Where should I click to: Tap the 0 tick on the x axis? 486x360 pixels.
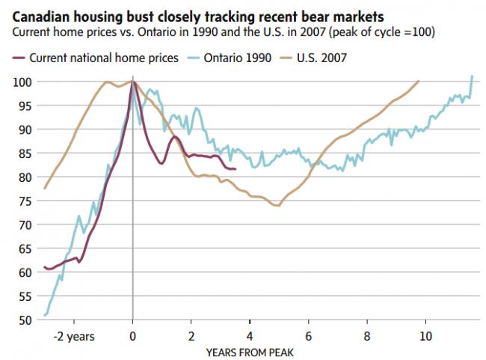[x=132, y=336]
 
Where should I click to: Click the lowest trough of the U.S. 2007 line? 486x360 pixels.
[x=278, y=205]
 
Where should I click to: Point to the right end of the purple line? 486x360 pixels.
[x=236, y=169]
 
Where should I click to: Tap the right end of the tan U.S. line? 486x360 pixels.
[x=419, y=81]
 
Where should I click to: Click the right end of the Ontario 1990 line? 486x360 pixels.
[x=472, y=76]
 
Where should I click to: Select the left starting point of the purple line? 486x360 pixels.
[x=44, y=266]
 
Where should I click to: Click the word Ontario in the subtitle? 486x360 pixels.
[x=177, y=33]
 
